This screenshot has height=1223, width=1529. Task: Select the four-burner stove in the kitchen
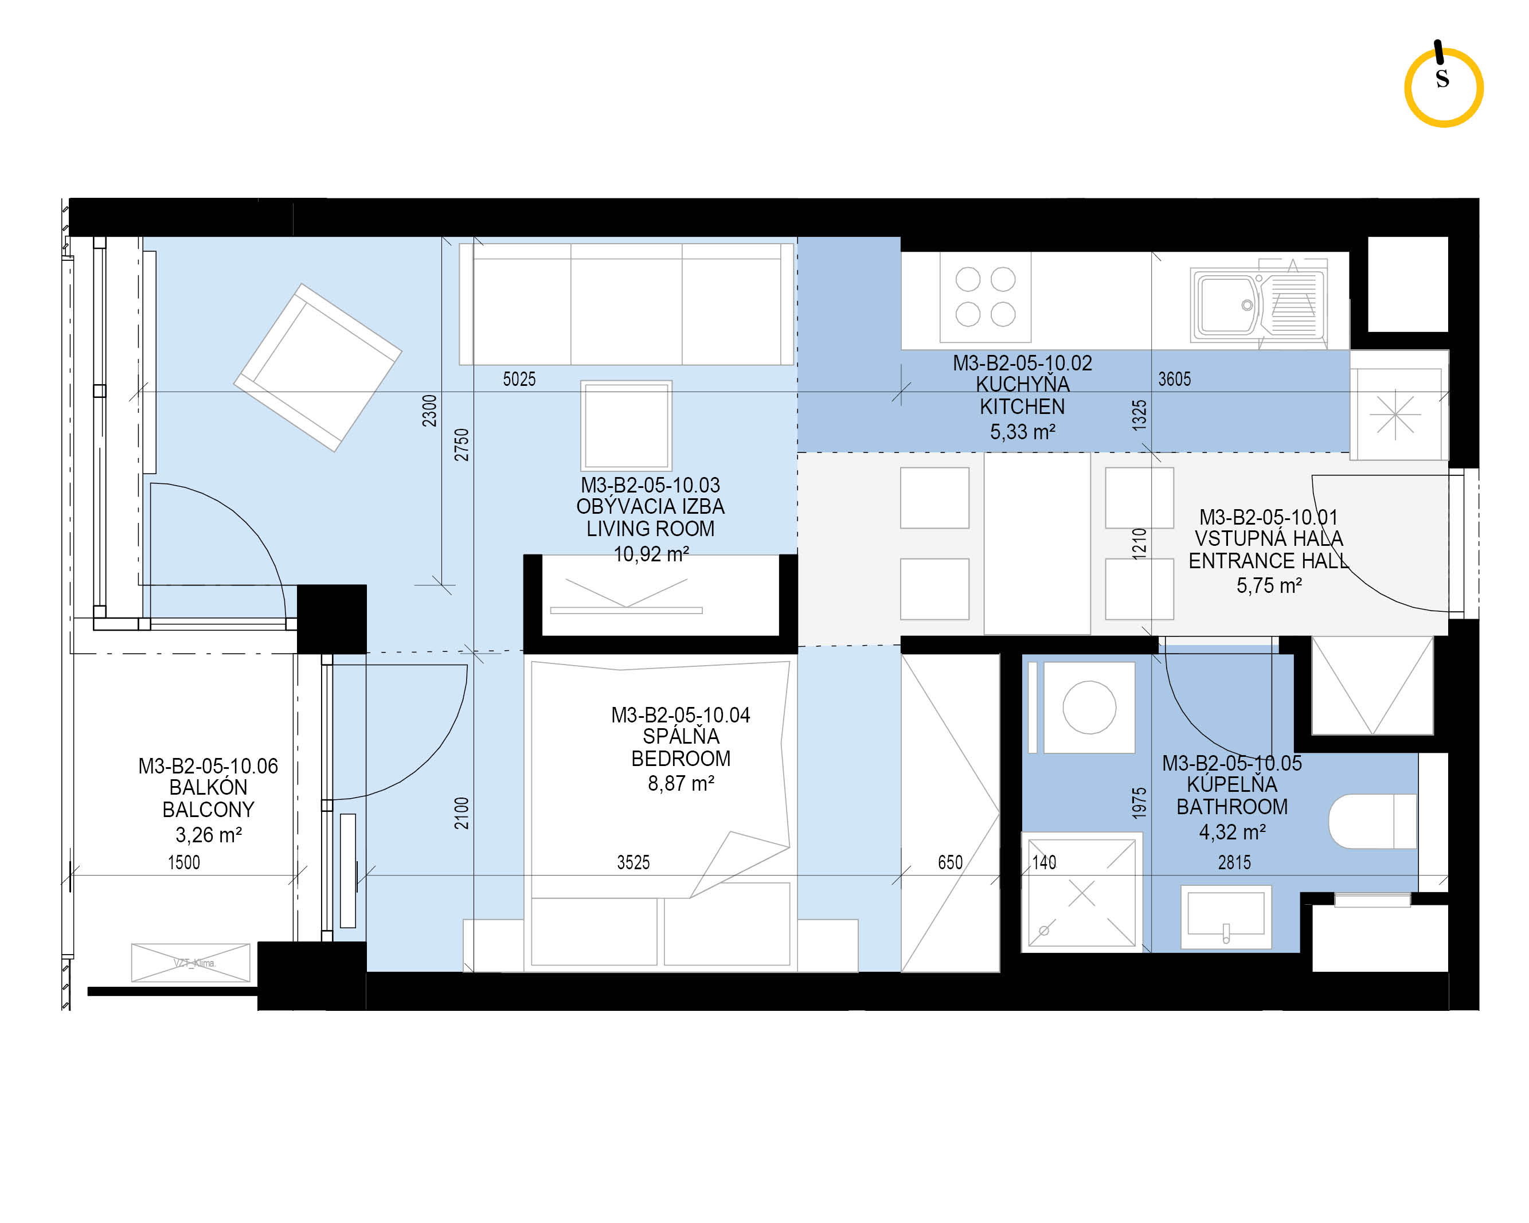(x=985, y=296)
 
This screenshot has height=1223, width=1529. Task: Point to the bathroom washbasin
(x=1226, y=917)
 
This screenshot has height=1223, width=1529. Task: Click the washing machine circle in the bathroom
(x=1089, y=708)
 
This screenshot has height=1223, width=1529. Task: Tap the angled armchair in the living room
(x=318, y=368)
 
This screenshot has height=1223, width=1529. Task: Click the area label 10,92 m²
(x=651, y=554)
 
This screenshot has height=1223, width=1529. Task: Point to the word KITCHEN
(x=1022, y=407)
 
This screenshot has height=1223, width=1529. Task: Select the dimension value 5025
(x=519, y=380)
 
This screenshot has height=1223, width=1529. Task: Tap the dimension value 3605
(x=1174, y=380)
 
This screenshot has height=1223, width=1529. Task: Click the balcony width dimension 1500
(x=183, y=862)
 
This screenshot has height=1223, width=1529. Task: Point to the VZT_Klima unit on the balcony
(x=191, y=963)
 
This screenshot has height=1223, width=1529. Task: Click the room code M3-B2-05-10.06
(x=208, y=766)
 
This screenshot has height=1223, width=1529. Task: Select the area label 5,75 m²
(x=1269, y=585)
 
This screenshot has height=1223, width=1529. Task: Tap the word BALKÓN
(x=208, y=787)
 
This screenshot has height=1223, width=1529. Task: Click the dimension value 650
(x=951, y=862)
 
